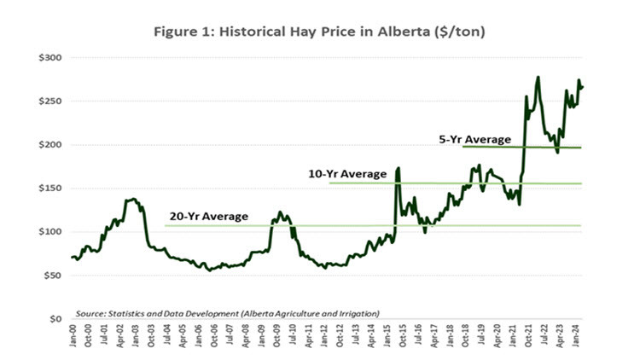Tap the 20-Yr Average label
click(207, 217)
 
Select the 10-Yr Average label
click(347, 174)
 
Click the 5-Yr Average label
click(474, 139)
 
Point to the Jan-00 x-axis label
click(73, 336)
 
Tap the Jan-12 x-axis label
click(327, 336)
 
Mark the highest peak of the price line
click(538, 78)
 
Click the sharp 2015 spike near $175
click(398, 169)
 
